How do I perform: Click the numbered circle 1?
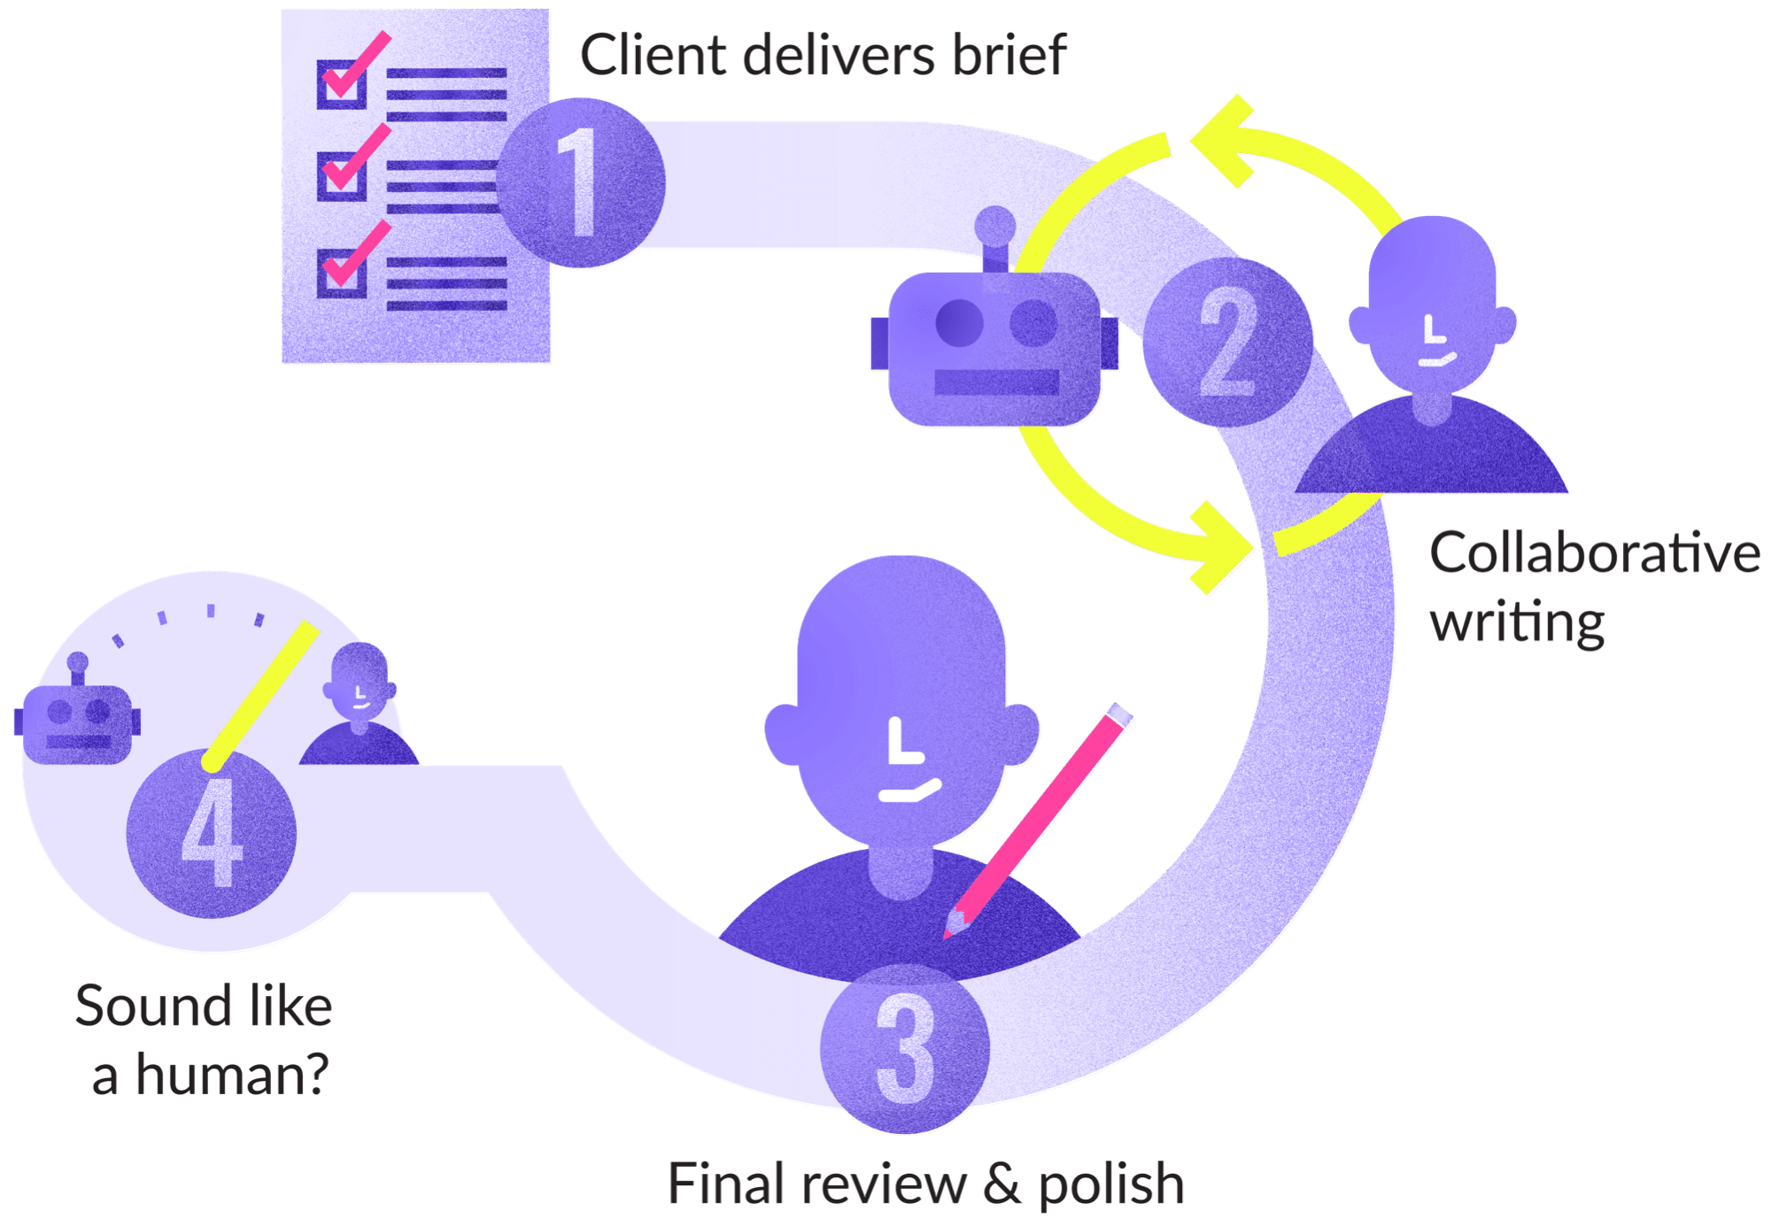[x=580, y=182]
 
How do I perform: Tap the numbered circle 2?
[x=1227, y=343]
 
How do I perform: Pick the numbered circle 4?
[x=212, y=834]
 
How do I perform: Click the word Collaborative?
[x=1594, y=555]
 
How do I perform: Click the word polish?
[x=1111, y=1184]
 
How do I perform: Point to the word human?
[x=232, y=1075]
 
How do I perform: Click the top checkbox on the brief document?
[x=342, y=85]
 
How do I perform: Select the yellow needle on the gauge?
[x=261, y=695]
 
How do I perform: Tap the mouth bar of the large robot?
[x=996, y=382]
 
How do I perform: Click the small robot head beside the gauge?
[x=78, y=717]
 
